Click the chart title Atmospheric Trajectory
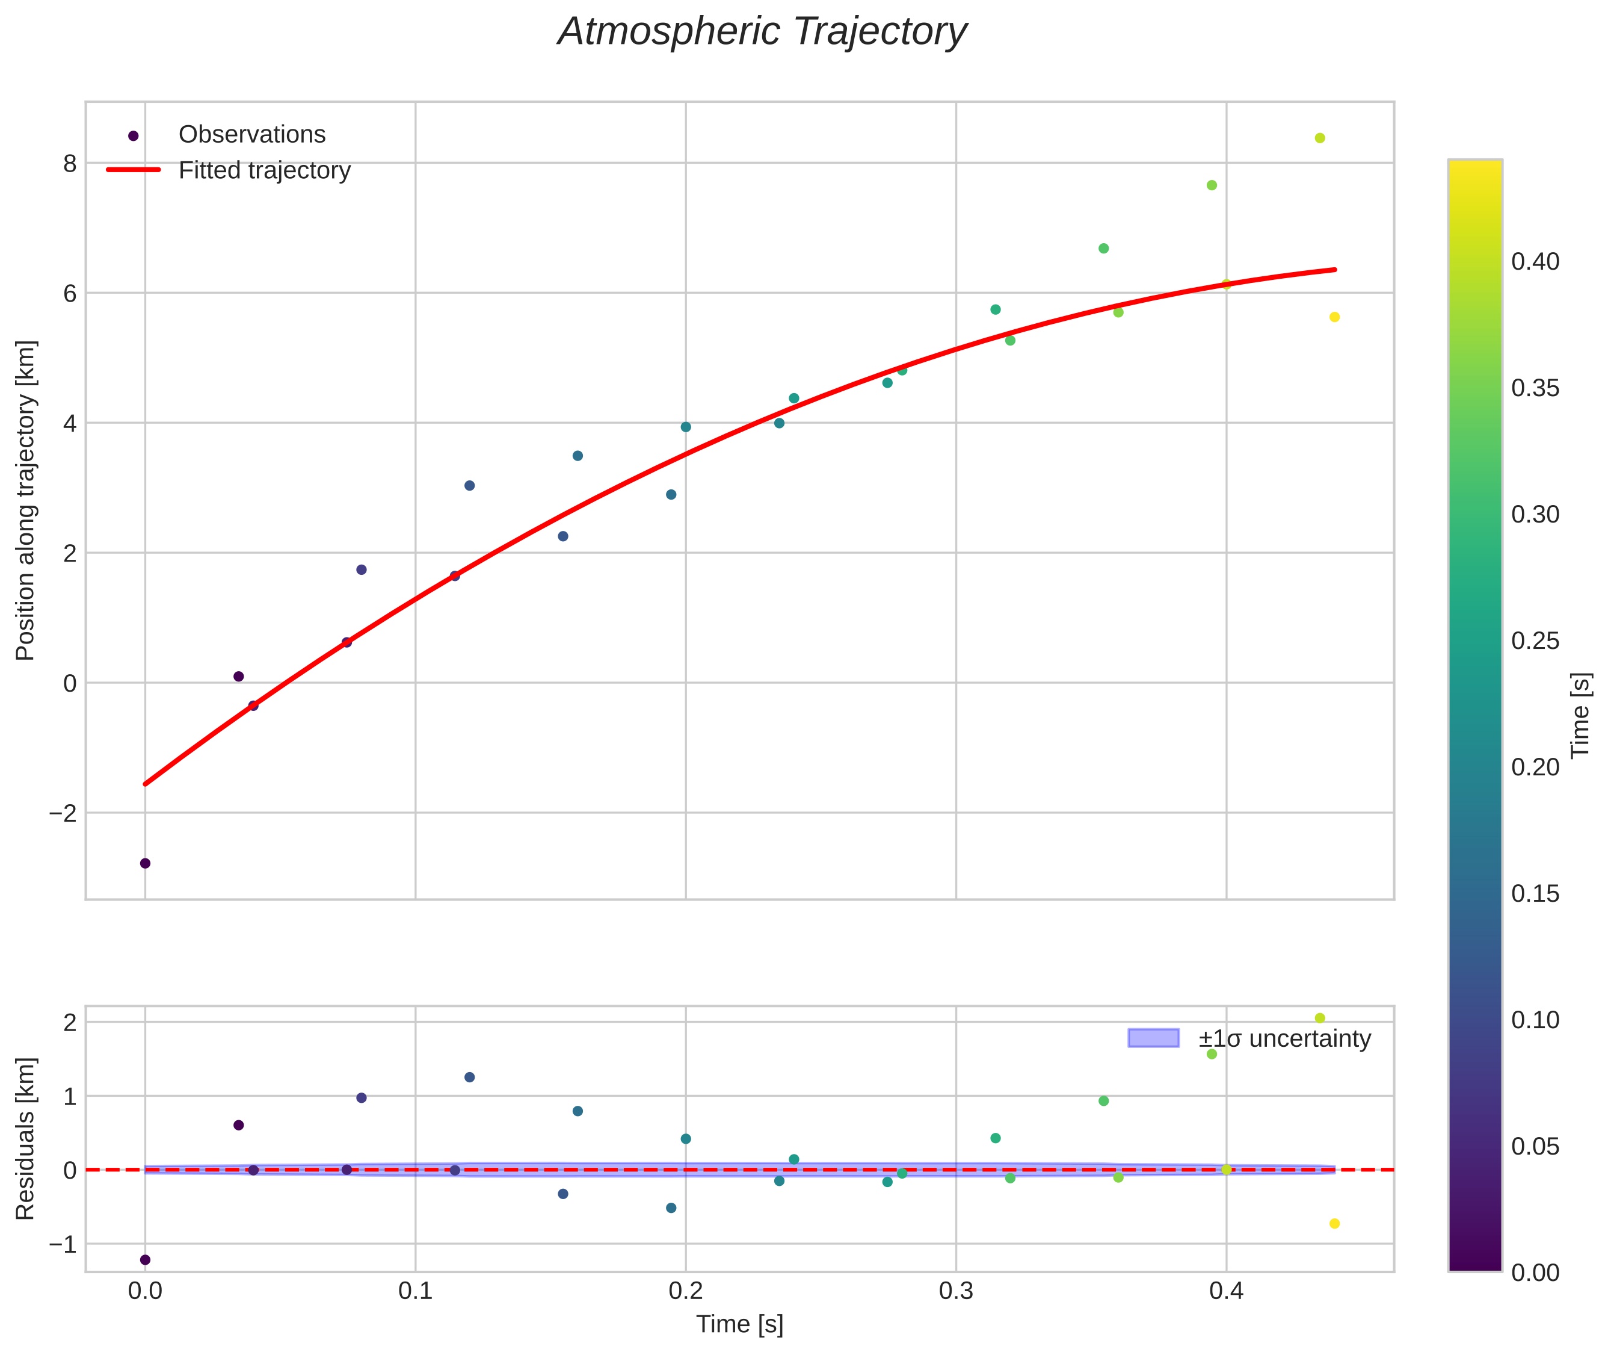click(x=762, y=32)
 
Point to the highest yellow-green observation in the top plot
click(x=1320, y=138)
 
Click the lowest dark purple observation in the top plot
click(x=145, y=863)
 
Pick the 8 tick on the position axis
click(x=70, y=163)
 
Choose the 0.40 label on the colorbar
click(x=1535, y=262)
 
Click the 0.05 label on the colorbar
click(x=1535, y=1147)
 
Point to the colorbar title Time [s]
click(x=1581, y=715)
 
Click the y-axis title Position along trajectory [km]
click(x=26, y=500)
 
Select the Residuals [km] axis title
click(x=26, y=1139)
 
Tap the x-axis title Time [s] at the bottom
click(x=739, y=1324)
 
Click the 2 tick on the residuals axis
click(x=70, y=1023)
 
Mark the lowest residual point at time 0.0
click(x=145, y=1259)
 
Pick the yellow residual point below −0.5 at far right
click(x=1334, y=1223)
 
